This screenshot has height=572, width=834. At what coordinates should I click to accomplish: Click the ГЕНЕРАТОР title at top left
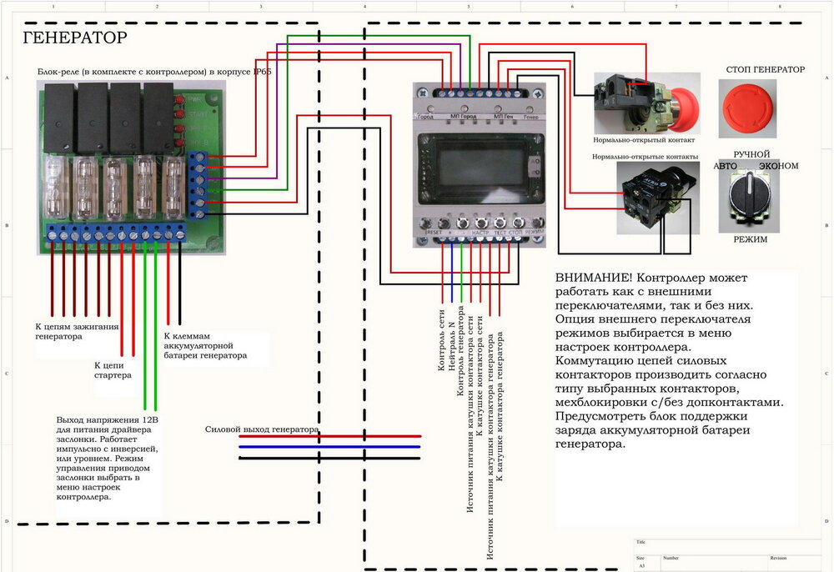pos(75,38)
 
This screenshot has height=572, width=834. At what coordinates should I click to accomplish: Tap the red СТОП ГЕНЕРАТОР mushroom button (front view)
pos(746,108)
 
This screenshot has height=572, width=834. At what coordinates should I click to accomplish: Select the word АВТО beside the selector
pos(725,166)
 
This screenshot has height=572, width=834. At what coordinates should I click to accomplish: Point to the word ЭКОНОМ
pos(778,166)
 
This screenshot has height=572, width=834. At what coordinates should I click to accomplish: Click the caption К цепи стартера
pos(113,370)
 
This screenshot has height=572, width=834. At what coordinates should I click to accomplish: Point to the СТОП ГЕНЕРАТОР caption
pos(766,69)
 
